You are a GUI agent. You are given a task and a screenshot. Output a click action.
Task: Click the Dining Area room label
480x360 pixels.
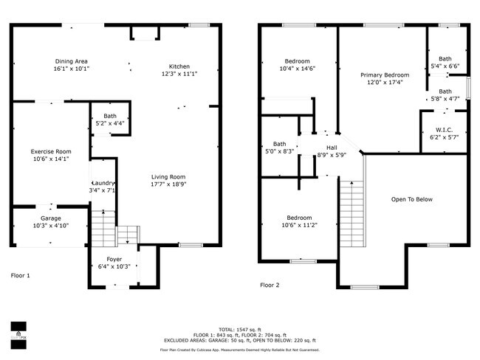[x=72, y=61]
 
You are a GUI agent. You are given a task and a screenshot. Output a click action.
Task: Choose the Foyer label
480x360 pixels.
[x=114, y=259]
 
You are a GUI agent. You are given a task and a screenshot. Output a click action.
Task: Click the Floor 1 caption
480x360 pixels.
[x=21, y=275]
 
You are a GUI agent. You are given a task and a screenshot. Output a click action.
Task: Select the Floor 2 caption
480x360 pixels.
[x=270, y=284]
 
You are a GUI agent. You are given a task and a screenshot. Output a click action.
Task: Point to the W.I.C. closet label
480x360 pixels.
[x=444, y=130]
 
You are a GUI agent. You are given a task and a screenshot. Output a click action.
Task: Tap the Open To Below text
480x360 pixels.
[x=411, y=199]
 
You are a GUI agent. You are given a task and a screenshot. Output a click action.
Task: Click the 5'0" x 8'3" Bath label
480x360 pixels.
[x=279, y=144]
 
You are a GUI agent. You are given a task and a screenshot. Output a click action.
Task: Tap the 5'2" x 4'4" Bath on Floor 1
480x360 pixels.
[x=110, y=116]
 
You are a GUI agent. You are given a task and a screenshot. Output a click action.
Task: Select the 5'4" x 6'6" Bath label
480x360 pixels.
[x=445, y=58]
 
